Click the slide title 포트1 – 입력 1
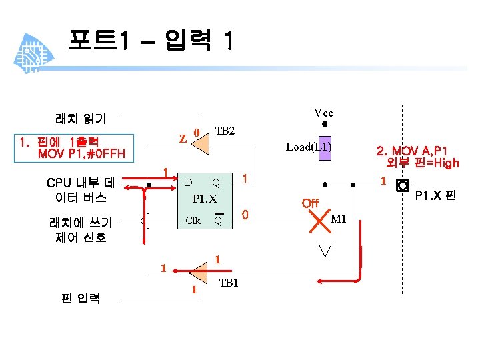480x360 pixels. point(150,42)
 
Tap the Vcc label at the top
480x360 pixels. point(323,113)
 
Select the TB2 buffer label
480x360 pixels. point(225,131)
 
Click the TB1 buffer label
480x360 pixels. point(229,283)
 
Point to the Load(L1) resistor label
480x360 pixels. point(308,147)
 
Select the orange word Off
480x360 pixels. point(310,203)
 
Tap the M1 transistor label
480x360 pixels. point(339,218)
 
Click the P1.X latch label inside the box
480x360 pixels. point(205,199)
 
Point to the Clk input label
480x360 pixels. point(193,220)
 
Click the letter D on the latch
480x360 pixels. point(189,182)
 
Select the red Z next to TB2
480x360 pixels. point(182,139)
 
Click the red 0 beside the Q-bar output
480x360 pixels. point(245,215)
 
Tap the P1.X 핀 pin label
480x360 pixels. point(435,195)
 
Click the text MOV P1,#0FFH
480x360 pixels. point(81,155)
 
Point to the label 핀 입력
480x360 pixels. point(81,298)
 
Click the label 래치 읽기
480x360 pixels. point(80,119)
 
